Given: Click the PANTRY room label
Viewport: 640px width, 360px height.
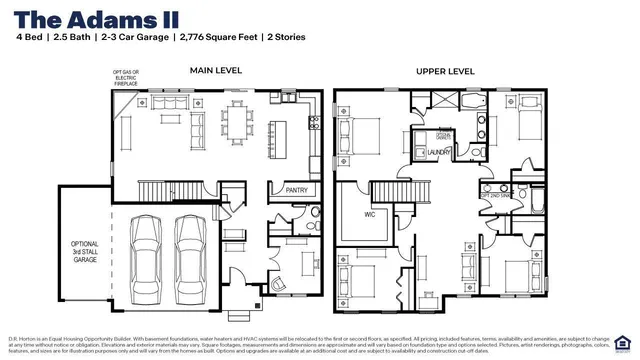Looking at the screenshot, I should (297, 189).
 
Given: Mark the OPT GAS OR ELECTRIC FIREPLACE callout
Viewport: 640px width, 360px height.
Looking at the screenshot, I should (126, 78).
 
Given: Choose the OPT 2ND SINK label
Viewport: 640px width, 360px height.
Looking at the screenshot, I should (497, 196).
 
